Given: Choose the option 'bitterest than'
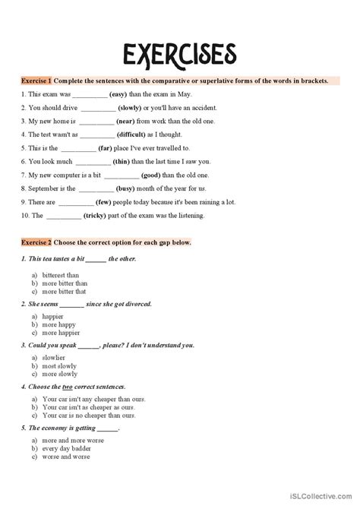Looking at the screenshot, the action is coord(64,276).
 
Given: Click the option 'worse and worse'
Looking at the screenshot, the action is coord(66,456).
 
